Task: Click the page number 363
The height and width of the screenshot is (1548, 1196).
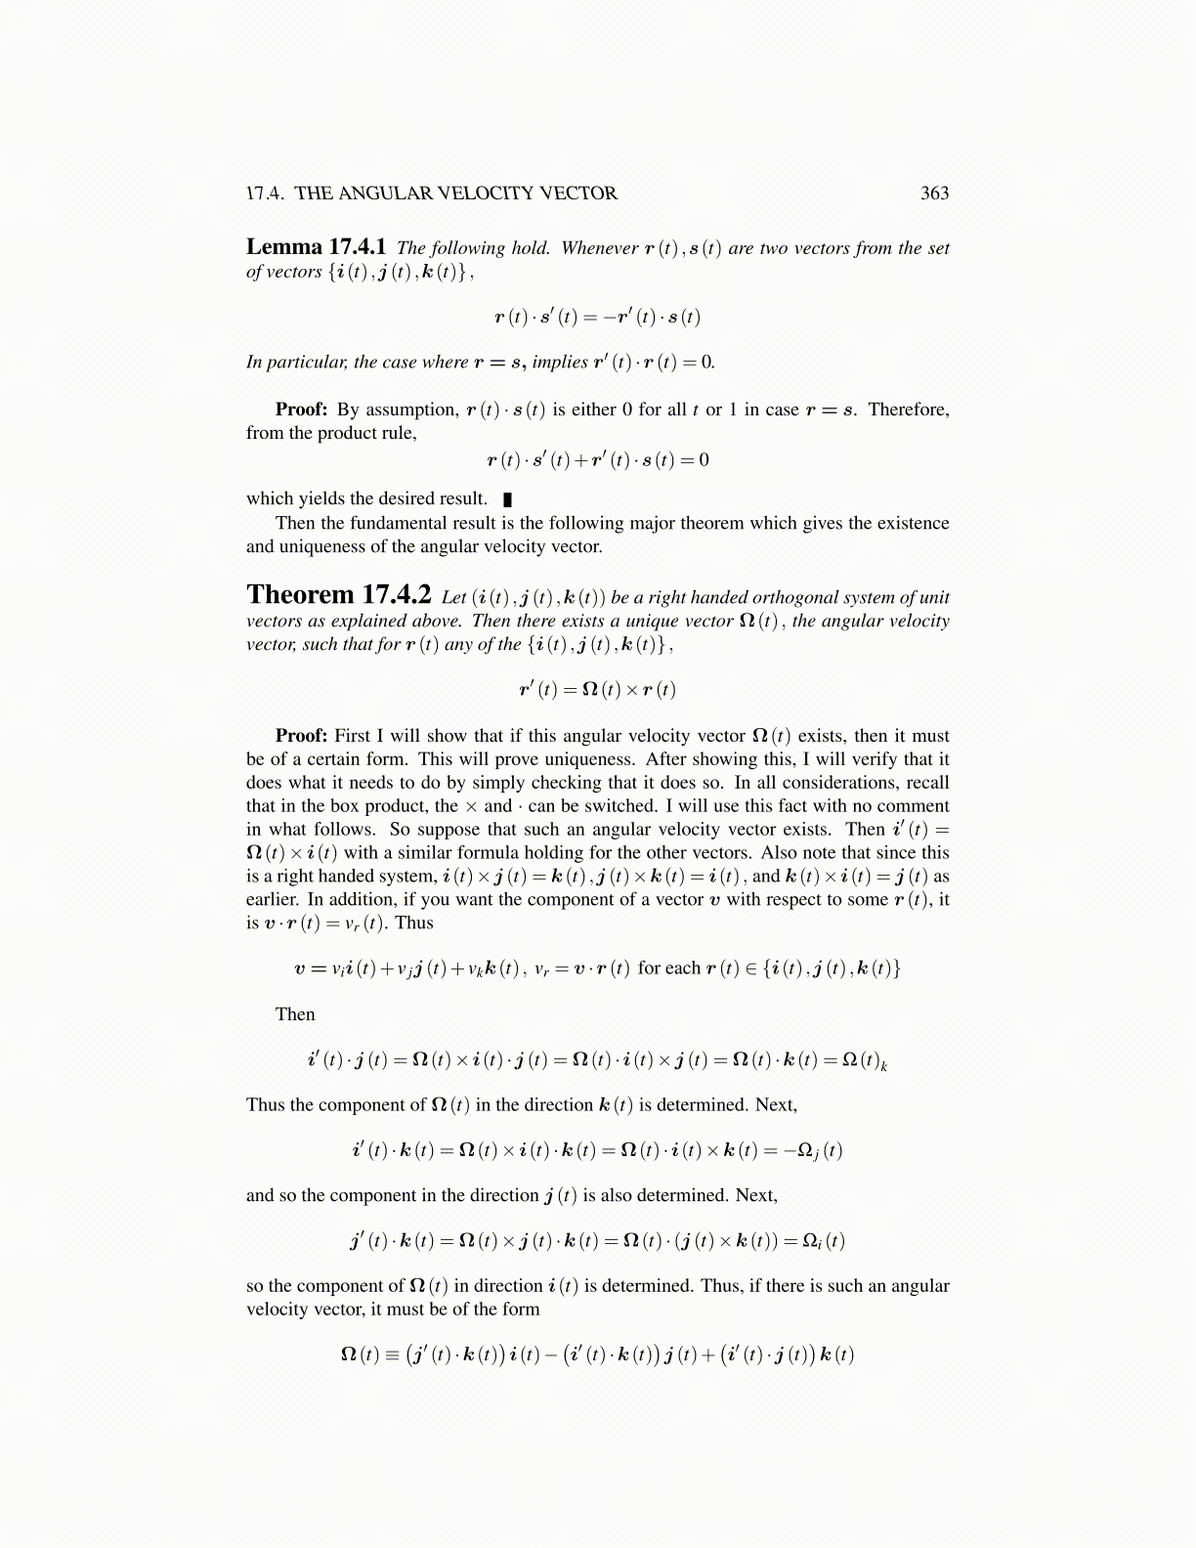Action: (934, 193)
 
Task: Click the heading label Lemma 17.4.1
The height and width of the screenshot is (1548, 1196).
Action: (316, 247)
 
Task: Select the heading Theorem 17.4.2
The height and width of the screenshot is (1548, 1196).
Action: (338, 595)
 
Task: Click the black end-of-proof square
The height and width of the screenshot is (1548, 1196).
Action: (507, 499)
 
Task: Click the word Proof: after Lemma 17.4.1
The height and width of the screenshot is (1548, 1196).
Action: (301, 409)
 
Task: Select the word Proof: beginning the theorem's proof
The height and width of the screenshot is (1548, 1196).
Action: (301, 736)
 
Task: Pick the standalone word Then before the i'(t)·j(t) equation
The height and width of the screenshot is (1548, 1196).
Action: (295, 1014)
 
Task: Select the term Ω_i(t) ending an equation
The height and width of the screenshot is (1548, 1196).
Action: (824, 1242)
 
